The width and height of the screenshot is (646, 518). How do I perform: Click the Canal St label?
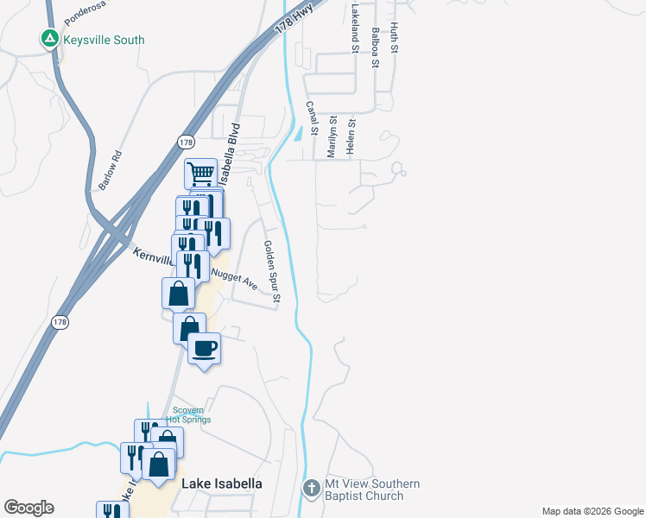pos(313,119)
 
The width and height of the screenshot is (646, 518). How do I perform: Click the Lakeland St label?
pos(354,28)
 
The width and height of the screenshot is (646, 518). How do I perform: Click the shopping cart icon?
pos(201,173)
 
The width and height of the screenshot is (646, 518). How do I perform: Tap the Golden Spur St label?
pos(271,272)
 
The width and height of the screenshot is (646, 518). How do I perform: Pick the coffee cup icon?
pos(204,348)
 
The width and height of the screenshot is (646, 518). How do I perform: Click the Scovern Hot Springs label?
pos(191,415)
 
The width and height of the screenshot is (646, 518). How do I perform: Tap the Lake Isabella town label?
pos(221,483)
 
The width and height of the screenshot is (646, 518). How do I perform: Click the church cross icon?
pos(312,489)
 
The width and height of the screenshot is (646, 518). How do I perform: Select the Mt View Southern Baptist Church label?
pos(372,490)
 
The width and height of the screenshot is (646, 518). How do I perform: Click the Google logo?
pos(28,508)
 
